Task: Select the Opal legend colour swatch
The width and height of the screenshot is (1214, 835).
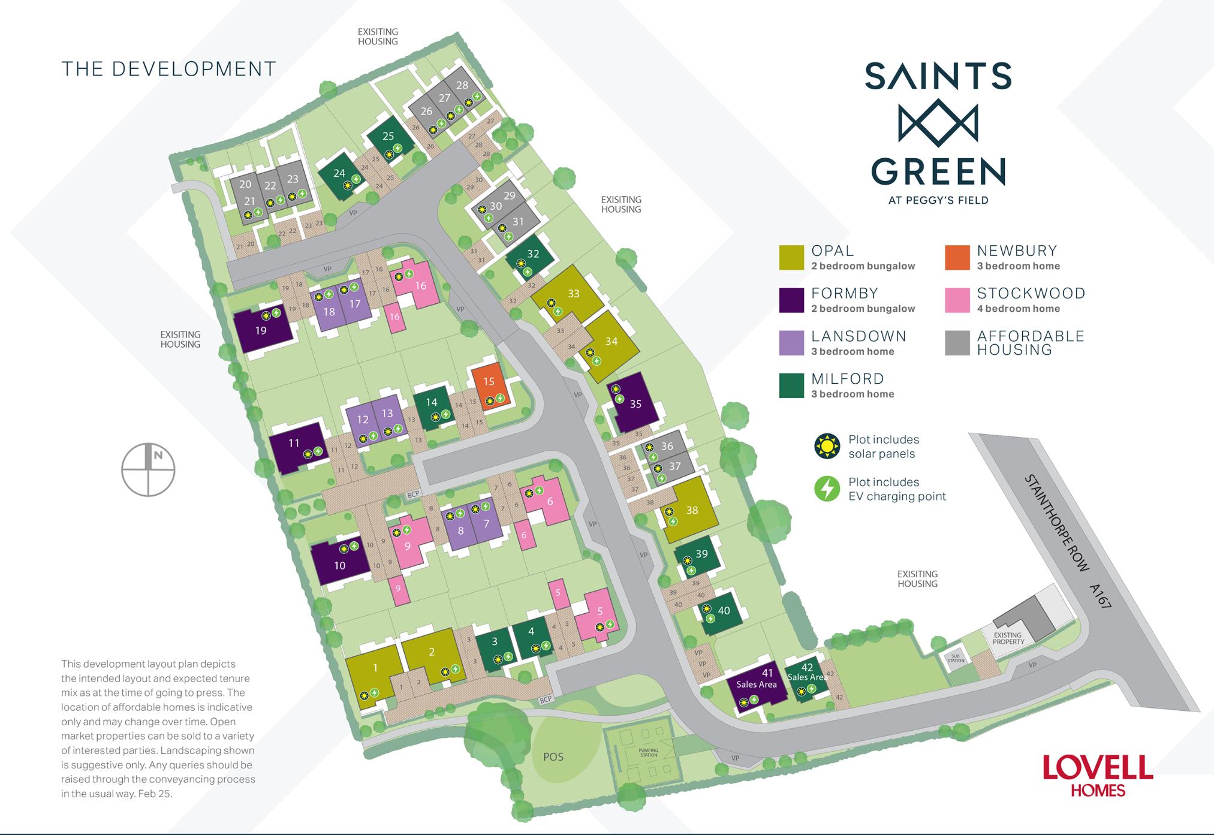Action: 791,258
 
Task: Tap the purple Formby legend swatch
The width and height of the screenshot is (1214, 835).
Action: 791,300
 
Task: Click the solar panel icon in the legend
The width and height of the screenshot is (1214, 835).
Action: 827,446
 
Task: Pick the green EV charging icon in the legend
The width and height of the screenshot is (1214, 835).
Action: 827,489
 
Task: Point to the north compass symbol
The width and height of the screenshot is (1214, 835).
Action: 148,469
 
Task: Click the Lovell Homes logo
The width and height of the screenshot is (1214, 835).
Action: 1097,775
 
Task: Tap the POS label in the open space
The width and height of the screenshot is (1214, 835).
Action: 553,756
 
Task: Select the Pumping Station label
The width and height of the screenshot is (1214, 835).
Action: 648,752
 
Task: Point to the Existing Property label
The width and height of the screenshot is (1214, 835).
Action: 1008,638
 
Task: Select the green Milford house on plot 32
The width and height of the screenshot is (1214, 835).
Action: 531,258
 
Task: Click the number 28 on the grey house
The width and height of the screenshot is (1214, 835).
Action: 462,85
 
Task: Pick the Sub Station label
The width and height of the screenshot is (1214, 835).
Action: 956,658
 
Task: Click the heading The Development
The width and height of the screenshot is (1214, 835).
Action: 168,69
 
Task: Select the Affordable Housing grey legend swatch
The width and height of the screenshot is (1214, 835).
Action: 957,343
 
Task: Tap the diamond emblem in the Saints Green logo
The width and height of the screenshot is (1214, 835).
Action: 938,123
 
